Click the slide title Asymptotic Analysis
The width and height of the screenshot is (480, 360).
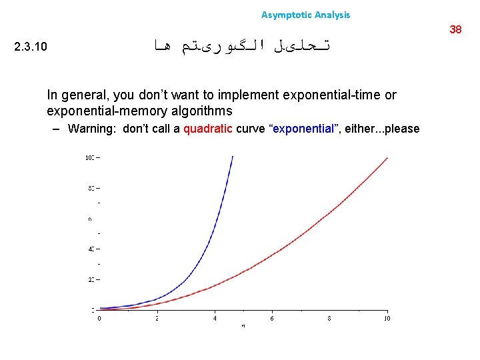coord(305,15)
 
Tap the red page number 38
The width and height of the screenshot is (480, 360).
coord(456,29)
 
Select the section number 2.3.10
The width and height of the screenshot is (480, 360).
coord(31,47)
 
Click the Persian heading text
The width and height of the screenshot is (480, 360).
coord(243,45)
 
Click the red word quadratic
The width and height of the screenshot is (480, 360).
coord(207,129)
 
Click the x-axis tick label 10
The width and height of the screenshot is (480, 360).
coord(387,319)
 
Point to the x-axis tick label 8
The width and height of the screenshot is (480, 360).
coord(329,319)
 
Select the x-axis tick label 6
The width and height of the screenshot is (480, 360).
coord(272,319)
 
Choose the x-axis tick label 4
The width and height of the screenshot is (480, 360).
coord(215,319)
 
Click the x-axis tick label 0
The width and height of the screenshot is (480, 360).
coord(100,319)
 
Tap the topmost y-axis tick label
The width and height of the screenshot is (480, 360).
coord(89,158)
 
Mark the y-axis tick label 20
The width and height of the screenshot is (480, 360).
coord(90,279)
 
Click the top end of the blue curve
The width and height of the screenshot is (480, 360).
coord(232,157)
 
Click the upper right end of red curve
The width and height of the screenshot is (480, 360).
coord(387,159)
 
